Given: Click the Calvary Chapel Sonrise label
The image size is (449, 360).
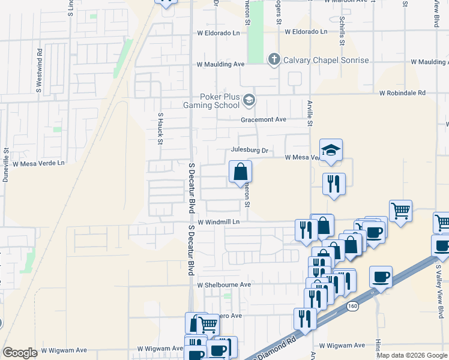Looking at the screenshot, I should pyautogui.click(x=326, y=60).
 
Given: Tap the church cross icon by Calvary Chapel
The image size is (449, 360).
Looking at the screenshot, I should pyautogui.click(x=274, y=59).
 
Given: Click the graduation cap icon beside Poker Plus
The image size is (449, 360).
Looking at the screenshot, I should pyautogui.click(x=249, y=100).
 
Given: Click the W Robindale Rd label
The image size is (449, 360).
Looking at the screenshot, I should pyautogui.click(x=402, y=93).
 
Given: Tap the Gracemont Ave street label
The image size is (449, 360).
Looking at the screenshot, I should pyautogui.click(x=264, y=119).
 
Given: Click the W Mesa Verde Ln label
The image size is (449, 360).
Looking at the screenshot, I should pyautogui.click(x=38, y=163).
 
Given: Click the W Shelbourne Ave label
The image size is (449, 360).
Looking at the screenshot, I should pyautogui.click(x=224, y=284).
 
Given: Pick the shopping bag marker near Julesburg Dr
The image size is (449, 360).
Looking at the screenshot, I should pyautogui.click(x=240, y=172).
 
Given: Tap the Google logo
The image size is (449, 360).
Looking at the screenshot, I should pyautogui.click(x=20, y=353).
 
